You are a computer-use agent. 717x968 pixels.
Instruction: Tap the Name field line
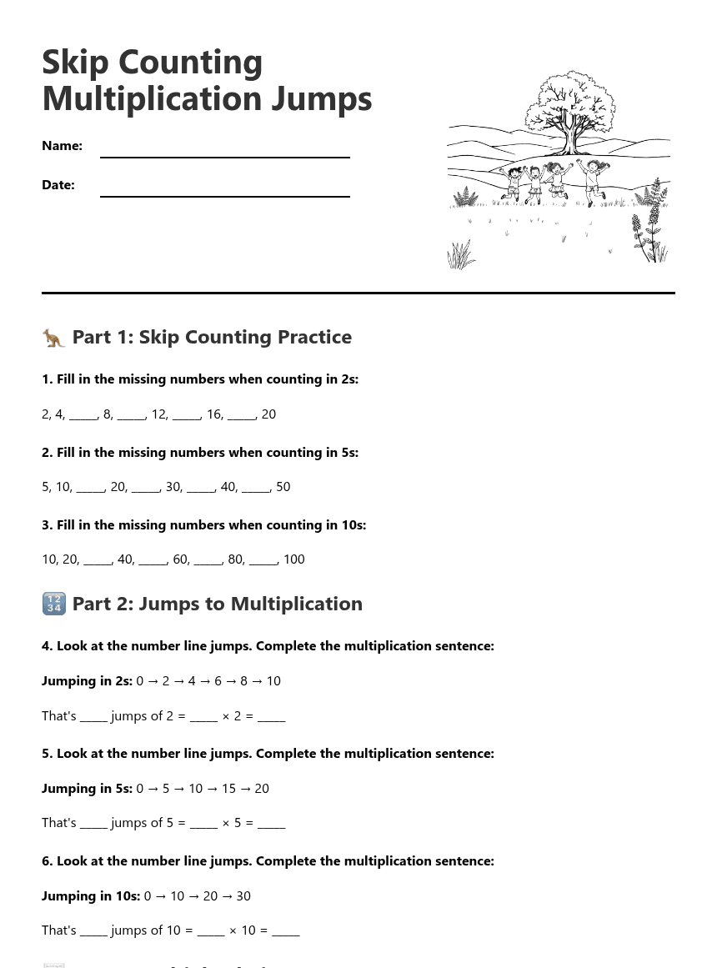click(x=224, y=156)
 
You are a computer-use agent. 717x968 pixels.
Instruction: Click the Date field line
click(x=224, y=195)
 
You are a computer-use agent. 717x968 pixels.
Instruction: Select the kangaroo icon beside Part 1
click(x=53, y=338)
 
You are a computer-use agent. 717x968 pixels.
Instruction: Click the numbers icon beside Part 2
click(x=53, y=604)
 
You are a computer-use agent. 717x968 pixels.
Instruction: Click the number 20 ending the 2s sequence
click(x=268, y=414)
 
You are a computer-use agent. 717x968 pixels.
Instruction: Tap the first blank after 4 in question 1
click(x=83, y=414)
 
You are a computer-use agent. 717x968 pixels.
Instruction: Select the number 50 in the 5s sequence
click(x=283, y=487)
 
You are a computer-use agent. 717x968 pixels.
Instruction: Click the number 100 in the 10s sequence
click(x=293, y=559)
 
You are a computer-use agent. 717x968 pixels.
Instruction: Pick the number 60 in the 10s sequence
click(x=181, y=559)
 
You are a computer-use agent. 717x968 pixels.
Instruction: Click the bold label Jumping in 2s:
click(x=87, y=681)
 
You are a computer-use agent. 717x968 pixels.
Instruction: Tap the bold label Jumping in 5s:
click(x=87, y=789)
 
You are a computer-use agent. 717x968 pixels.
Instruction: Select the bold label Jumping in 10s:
click(x=91, y=896)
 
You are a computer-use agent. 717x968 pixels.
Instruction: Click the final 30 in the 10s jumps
click(x=243, y=896)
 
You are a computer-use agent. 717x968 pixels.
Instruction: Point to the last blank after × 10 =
click(x=286, y=930)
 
